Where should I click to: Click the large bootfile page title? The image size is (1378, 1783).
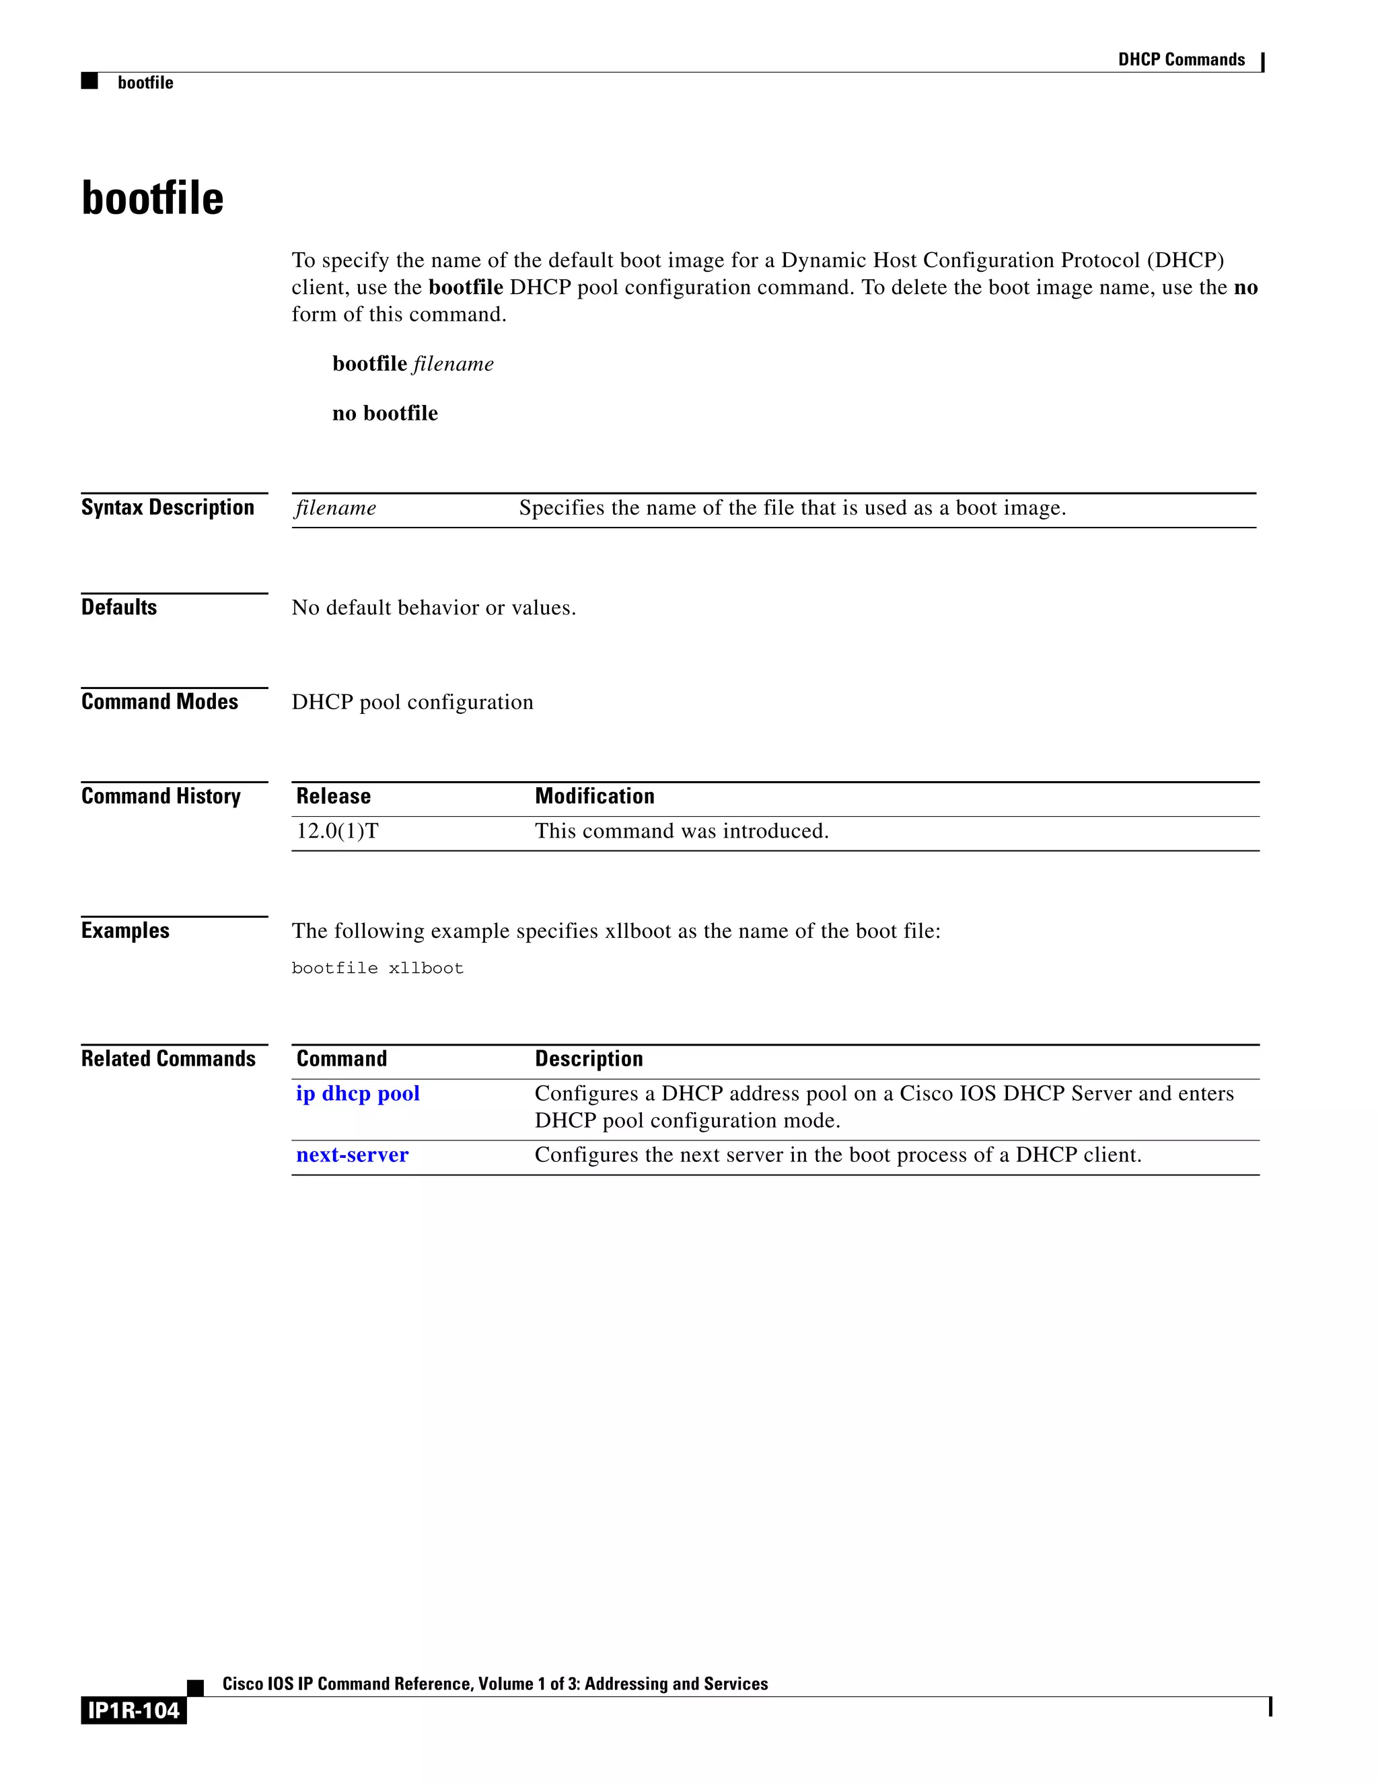(x=153, y=198)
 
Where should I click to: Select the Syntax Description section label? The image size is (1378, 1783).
(x=168, y=508)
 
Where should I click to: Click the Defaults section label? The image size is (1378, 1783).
(x=119, y=608)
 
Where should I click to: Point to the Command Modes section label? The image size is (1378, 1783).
(x=159, y=702)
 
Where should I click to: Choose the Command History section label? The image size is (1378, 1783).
(x=161, y=796)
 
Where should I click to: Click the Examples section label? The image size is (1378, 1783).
(x=125, y=931)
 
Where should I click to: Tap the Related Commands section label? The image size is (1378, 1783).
(x=168, y=1059)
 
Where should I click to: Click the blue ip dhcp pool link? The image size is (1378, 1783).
(x=357, y=1093)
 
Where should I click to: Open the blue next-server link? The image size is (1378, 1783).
(x=352, y=1155)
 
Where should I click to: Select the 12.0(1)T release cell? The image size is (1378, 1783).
(x=337, y=831)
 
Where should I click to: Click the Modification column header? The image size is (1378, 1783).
(x=594, y=796)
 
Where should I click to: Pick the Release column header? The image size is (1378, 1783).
(x=333, y=796)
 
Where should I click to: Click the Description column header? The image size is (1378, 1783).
(x=589, y=1059)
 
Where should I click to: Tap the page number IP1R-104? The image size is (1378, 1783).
(x=133, y=1710)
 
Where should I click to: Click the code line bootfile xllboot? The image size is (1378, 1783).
(x=377, y=968)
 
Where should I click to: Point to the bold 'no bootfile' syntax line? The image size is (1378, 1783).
(x=384, y=413)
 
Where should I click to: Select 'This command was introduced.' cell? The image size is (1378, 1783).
(x=682, y=831)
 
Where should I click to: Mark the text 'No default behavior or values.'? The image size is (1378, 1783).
(x=433, y=608)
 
